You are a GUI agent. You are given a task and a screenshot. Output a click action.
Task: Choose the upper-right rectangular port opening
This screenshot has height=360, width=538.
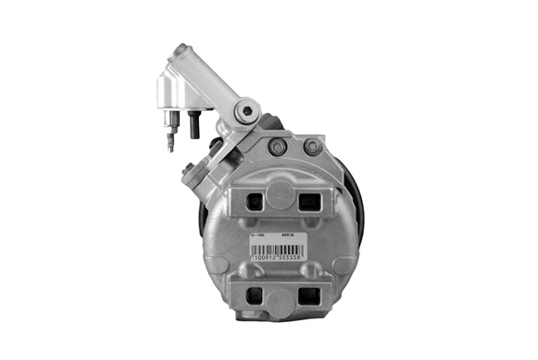(309, 197)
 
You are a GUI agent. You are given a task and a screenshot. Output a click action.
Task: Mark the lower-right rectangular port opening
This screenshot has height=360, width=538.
(309, 298)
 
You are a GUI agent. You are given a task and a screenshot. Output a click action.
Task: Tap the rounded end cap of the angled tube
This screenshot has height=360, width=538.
(178, 57)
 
